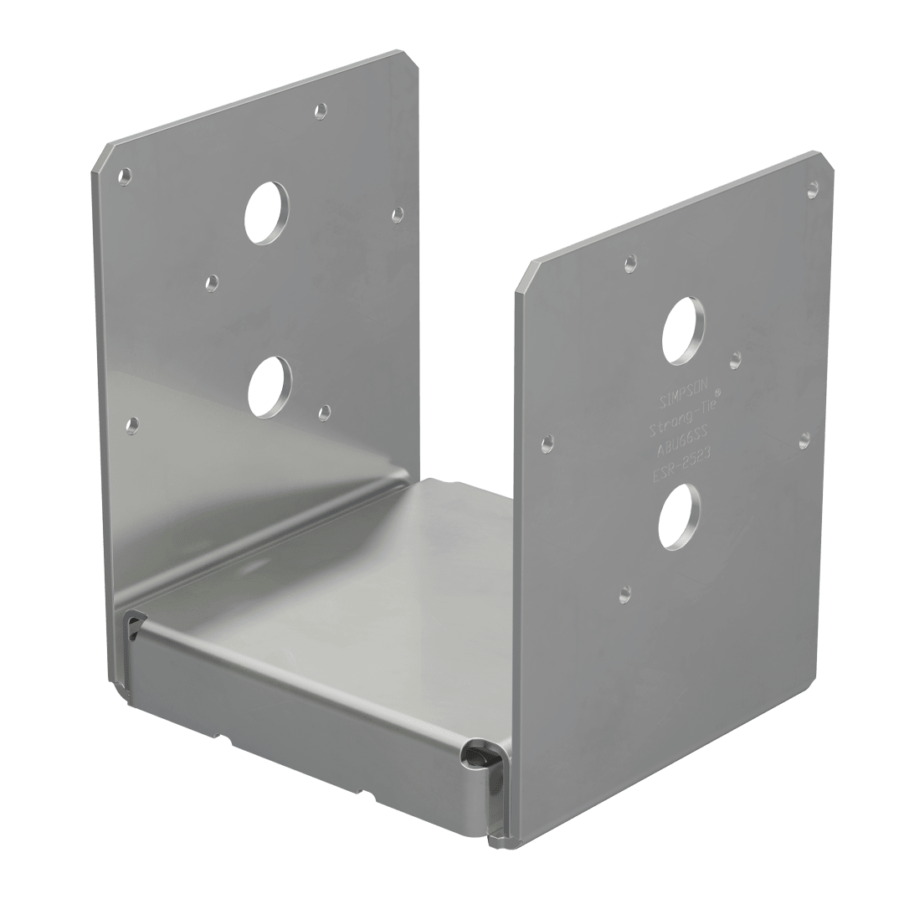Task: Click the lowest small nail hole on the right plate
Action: [x=623, y=596]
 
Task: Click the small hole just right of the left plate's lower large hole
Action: [x=325, y=411]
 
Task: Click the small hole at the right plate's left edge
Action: [x=547, y=440]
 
